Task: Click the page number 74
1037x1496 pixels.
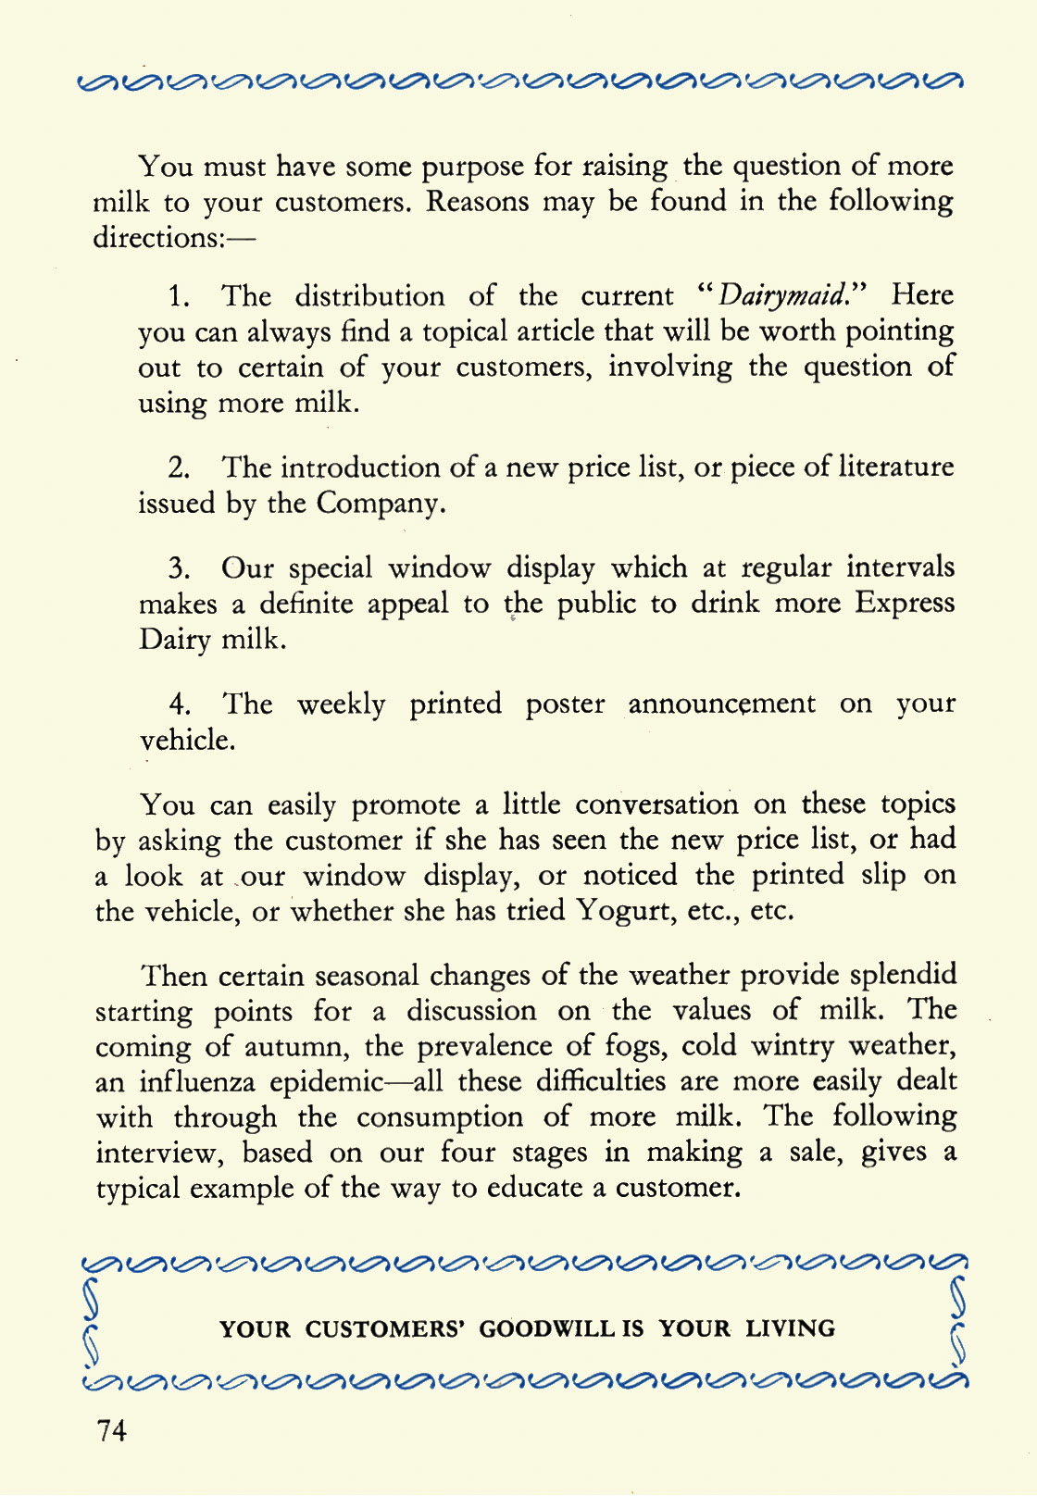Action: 111,1430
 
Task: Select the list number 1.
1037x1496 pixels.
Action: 179,297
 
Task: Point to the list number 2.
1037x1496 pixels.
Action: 179,468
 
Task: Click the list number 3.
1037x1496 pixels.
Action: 179,568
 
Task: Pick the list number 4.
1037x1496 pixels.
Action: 180,704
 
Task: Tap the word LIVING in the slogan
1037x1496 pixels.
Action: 791,1329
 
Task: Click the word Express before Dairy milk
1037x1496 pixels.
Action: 905,604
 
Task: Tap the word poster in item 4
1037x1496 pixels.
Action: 565,704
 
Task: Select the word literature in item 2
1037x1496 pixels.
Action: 895,467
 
